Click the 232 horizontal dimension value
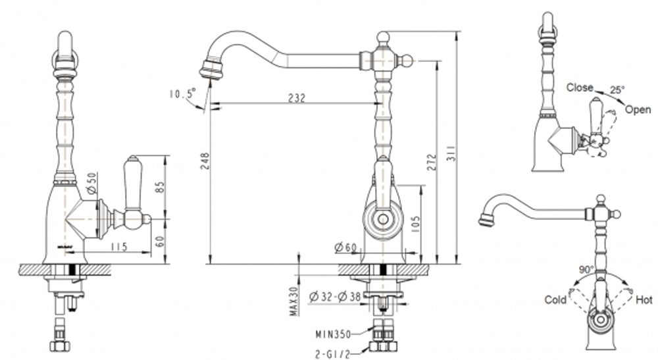click(x=297, y=97)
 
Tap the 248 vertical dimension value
click(x=203, y=163)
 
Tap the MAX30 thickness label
click(x=294, y=300)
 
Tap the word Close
click(x=580, y=87)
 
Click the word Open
click(x=638, y=110)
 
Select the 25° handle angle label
click(x=617, y=90)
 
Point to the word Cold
click(x=555, y=299)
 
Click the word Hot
click(x=644, y=299)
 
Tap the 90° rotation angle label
click(x=587, y=270)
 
